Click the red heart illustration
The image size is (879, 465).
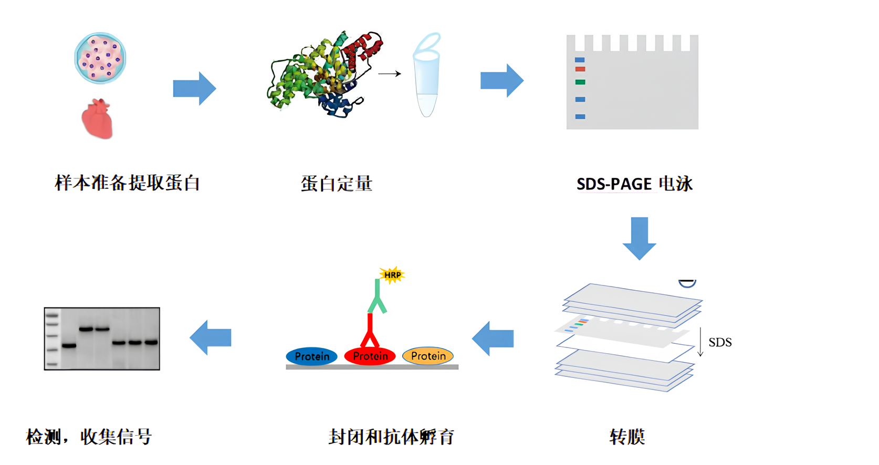click(x=97, y=119)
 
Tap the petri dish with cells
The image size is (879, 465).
click(x=100, y=58)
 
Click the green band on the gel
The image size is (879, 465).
click(x=580, y=82)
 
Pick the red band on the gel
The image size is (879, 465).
click(x=580, y=69)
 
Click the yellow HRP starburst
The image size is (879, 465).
click(x=392, y=274)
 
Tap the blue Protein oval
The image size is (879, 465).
click(x=312, y=356)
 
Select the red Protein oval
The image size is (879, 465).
click(x=370, y=356)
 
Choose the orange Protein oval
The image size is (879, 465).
click(x=428, y=356)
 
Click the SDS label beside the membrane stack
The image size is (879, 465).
click(x=720, y=343)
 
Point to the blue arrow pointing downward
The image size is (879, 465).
click(x=639, y=238)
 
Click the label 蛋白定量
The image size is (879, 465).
click(x=337, y=184)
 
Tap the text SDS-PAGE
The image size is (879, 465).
click(x=614, y=184)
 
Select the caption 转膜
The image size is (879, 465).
click(x=627, y=437)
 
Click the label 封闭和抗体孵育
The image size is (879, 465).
click(x=391, y=437)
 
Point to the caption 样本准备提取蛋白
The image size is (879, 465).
click(x=128, y=183)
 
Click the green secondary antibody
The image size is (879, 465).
click(x=377, y=297)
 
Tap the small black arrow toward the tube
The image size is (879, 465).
click(x=389, y=74)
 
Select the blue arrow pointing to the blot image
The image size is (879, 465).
click(x=211, y=337)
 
